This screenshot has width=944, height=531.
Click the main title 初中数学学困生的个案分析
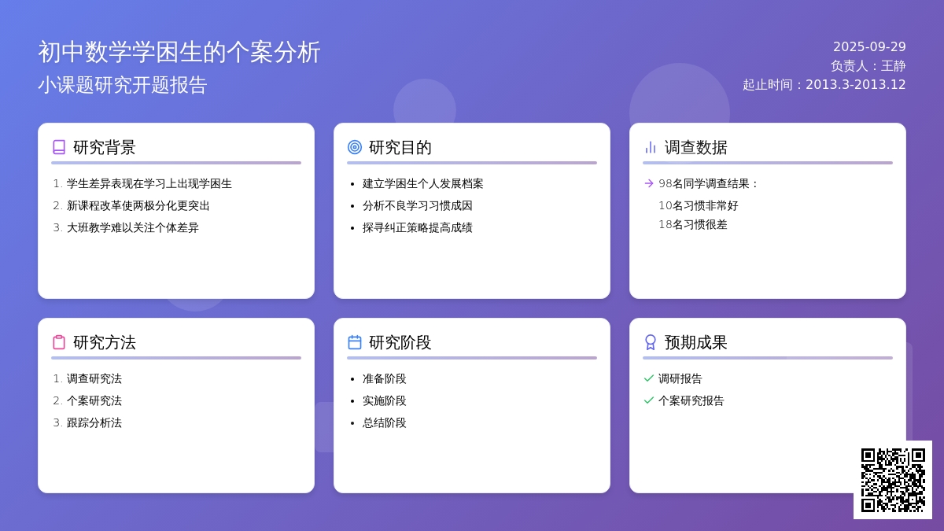coord(179,52)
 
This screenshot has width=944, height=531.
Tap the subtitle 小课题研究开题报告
coord(123,85)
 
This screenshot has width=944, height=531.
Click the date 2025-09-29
coord(869,46)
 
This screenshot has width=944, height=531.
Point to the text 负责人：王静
coord(868,66)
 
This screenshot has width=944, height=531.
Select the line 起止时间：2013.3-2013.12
coord(824,85)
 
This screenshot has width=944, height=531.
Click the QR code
coord(893,480)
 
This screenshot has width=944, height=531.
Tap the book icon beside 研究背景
coord(59,147)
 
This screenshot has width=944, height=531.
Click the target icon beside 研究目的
coord(355,147)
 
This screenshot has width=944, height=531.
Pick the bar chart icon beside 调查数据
coord(651,147)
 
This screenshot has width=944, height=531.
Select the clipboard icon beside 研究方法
coord(59,342)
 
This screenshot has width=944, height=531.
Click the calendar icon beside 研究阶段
coord(355,342)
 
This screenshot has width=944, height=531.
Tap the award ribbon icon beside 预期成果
coord(651,342)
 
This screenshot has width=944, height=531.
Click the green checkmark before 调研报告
coord(649,378)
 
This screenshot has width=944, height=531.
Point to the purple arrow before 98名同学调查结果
coord(649,183)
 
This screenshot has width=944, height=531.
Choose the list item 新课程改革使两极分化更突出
coord(138,205)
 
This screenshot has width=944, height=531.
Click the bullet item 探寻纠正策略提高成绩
coord(417,227)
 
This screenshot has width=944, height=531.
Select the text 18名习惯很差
coord(693,225)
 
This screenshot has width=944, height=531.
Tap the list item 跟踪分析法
coord(94,422)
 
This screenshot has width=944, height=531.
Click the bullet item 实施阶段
coord(385,400)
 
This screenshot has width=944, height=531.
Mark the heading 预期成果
coord(695,342)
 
